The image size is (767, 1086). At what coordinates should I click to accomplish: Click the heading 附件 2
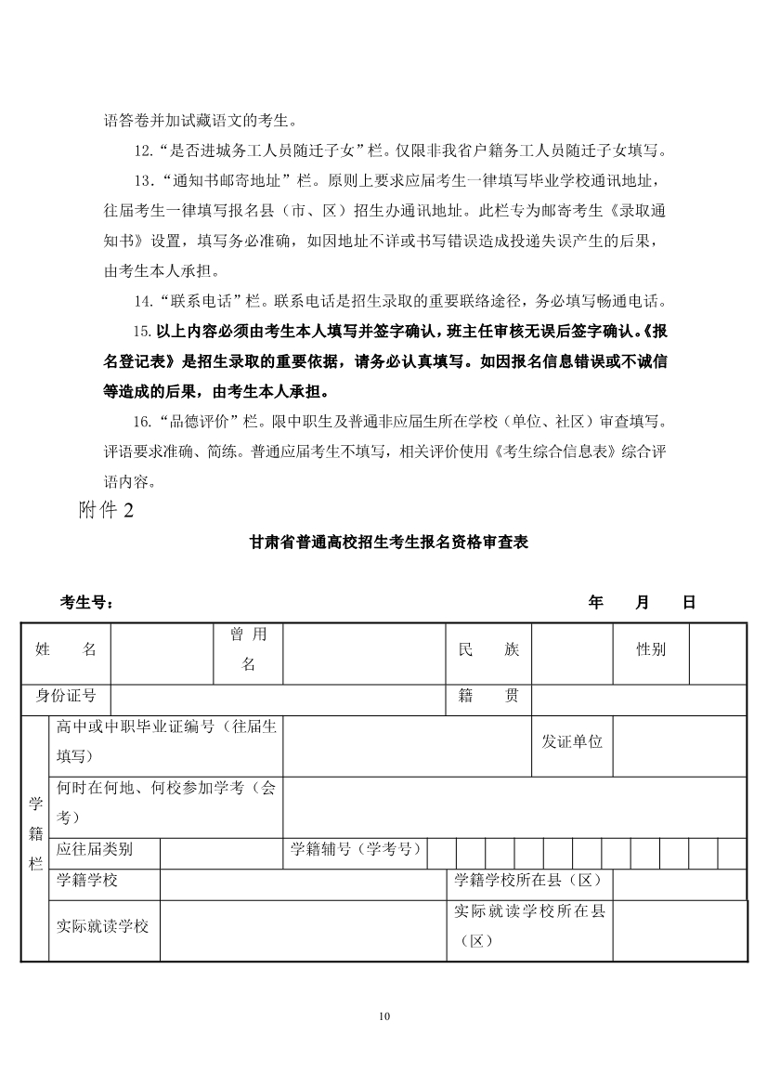[106, 512]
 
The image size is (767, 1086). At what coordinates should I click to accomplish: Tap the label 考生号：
[87, 602]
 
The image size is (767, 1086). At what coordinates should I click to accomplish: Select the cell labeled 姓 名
[66, 650]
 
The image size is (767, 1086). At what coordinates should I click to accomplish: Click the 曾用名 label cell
[248, 649]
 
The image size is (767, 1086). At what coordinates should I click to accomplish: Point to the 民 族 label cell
[488, 650]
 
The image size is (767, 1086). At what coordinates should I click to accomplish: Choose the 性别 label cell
[650, 650]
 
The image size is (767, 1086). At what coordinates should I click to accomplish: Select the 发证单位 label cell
[572, 741]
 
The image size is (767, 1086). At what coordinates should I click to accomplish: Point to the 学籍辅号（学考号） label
[357, 848]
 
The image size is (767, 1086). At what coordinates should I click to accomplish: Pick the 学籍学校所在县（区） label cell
[529, 880]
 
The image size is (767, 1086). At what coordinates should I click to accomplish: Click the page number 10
[384, 1016]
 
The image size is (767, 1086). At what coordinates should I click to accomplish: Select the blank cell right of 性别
[717, 650]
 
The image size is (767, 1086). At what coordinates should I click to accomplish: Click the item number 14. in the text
[143, 301]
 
